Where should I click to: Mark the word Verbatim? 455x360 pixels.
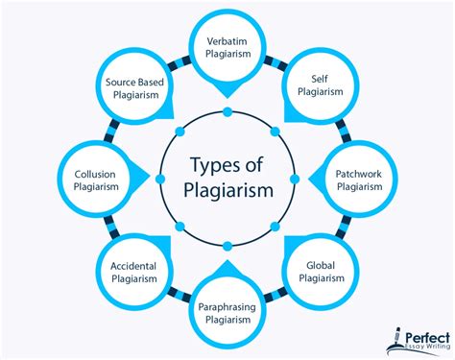click(x=227, y=42)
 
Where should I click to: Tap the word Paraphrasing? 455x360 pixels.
click(x=227, y=307)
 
